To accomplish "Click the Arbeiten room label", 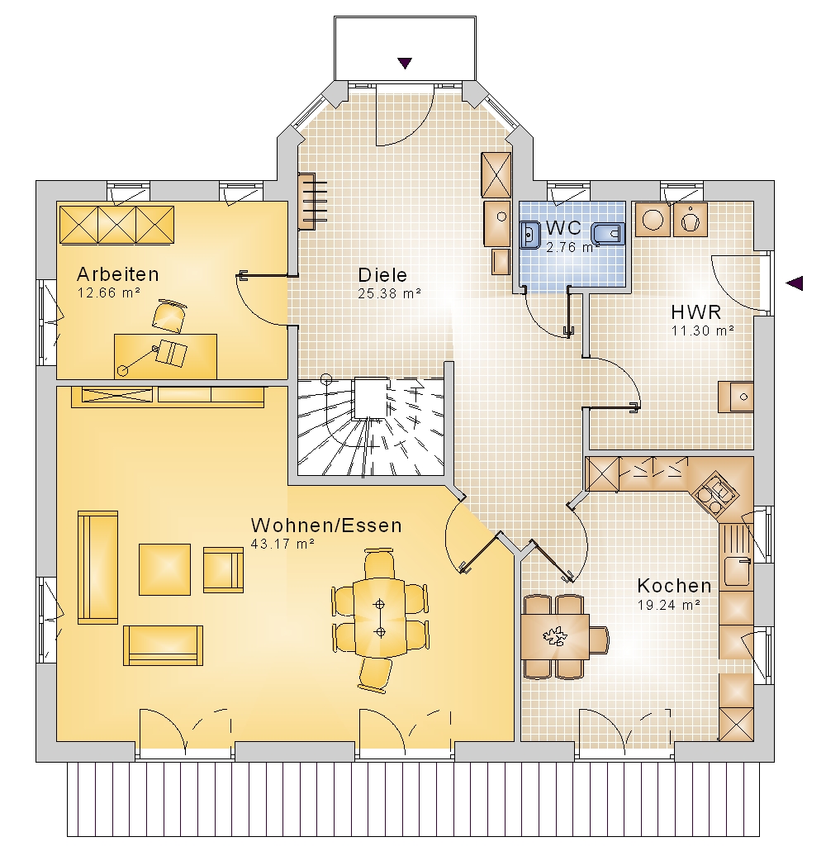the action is (118, 274).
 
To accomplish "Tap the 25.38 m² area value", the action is (389, 293).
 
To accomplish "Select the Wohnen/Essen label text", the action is (326, 525).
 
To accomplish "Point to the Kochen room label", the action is (674, 586).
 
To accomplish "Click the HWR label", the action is (696, 312).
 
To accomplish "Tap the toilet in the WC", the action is (608, 234).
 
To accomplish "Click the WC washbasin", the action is (529, 235).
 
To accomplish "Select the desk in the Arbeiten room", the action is (165, 356).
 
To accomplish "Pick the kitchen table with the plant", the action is (555, 637).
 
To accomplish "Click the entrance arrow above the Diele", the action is (405, 64).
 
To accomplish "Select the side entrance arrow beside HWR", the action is (795, 283).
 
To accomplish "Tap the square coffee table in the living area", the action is (164, 569).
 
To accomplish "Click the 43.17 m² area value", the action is (282, 545).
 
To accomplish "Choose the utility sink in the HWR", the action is (736, 397).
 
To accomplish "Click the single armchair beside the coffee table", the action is (223, 570).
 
